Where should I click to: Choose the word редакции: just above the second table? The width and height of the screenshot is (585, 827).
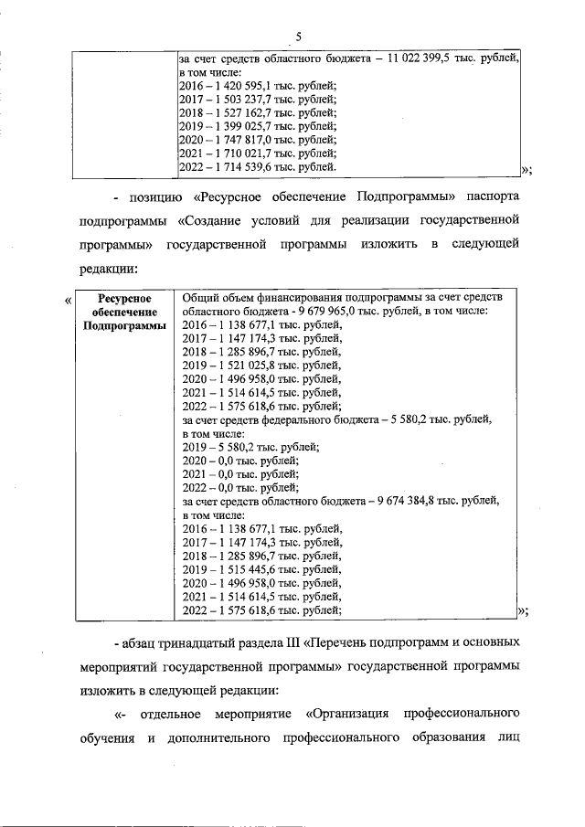pyautogui.click(x=109, y=269)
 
